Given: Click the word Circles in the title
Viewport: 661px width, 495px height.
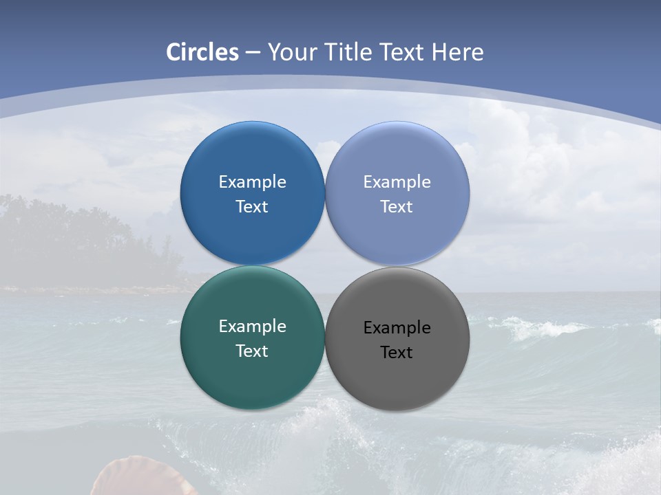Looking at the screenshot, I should point(202,52).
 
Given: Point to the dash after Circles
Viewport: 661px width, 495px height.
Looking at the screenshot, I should point(253,53).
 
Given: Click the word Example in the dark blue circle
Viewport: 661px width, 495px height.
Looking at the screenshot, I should point(252,182).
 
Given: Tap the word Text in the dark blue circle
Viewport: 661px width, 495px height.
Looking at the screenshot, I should point(252,207).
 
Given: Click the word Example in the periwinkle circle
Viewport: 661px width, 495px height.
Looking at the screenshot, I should point(397,182).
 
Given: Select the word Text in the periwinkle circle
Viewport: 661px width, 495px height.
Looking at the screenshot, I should point(397,207).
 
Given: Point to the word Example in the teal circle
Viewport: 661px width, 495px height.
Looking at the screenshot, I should point(252,327).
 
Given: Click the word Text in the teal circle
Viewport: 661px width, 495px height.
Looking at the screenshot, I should point(252,351).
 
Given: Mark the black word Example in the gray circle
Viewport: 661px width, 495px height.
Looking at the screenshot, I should point(397,328).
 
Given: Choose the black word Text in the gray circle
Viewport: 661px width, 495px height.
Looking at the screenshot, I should point(397,353).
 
